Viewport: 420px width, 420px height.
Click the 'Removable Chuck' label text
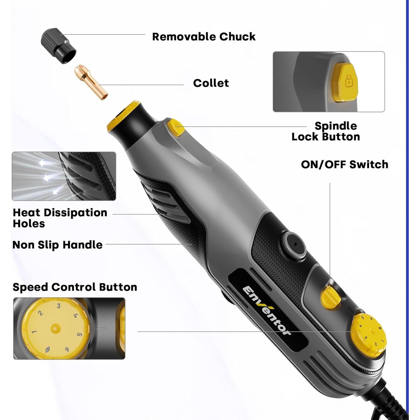[204, 37]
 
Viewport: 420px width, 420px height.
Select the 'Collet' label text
[211, 83]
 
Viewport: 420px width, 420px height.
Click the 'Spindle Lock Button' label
[326, 131]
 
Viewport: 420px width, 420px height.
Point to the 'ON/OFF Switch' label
[344, 164]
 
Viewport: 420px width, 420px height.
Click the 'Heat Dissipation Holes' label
[60, 218]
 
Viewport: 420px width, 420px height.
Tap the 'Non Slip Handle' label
[57, 245]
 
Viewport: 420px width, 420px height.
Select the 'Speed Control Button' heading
[75, 287]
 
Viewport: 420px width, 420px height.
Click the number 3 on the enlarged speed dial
[59, 306]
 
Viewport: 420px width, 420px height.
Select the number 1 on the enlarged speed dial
[34, 332]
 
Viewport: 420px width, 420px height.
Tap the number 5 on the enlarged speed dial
[80, 334]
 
